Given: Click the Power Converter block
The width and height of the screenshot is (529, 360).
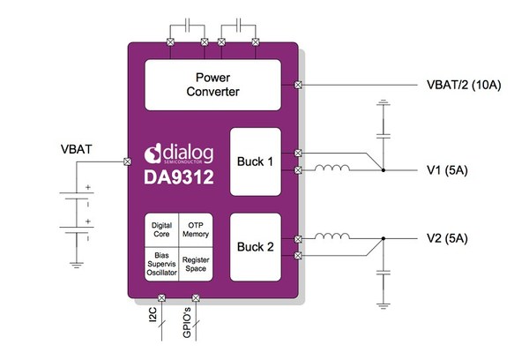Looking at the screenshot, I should click(x=218, y=85).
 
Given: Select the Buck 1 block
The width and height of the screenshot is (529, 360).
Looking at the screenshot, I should click(x=256, y=162).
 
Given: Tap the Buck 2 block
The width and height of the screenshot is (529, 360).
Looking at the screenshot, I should click(x=256, y=247).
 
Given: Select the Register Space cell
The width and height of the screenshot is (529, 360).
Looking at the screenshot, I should click(x=196, y=263).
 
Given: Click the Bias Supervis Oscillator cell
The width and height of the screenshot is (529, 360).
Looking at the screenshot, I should click(x=161, y=263).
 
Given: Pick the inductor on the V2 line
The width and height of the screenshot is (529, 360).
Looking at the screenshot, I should click(x=334, y=236).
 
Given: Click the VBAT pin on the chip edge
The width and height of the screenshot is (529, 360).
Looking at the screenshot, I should click(x=129, y=163).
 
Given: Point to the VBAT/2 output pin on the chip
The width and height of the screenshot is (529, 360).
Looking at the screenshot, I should click(x=299, y=85).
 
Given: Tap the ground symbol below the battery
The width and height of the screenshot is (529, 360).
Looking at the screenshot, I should click(x=77, y=262).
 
